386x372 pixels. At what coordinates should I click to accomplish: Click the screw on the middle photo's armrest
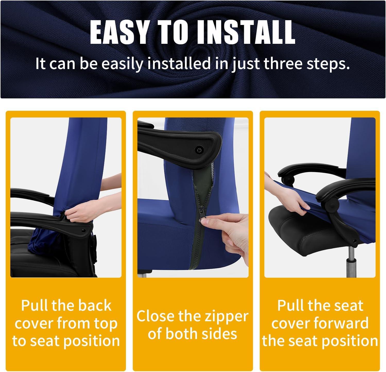[x=199, y=149]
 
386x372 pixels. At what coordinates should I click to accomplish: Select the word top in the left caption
[x=103, y=324]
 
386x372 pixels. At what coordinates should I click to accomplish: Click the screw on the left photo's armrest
[x=83, y=230]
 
